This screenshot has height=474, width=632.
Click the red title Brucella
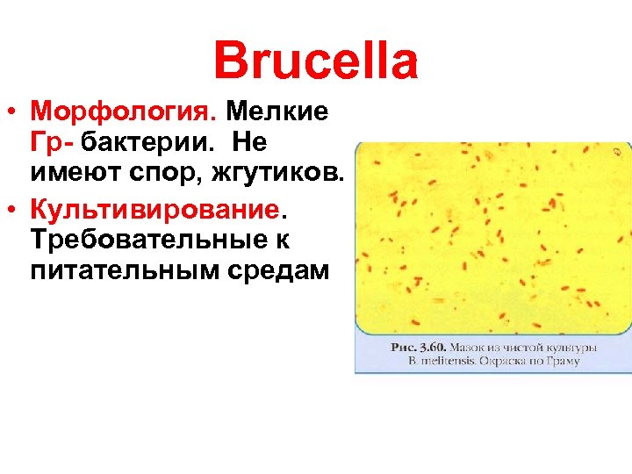tap(316, 61)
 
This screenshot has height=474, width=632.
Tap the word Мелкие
tap(278, 111)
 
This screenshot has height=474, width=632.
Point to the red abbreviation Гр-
tap(52, 140)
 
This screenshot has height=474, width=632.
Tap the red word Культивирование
tap(159, 211)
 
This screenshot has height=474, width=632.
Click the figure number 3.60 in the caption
tap(434, 348)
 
